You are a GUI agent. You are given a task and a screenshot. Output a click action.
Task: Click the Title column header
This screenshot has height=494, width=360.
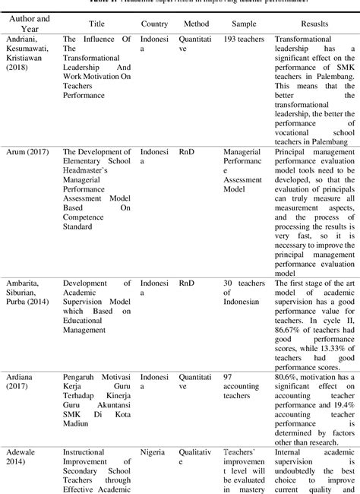96,24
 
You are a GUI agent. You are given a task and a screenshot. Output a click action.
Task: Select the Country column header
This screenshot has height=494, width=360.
154,24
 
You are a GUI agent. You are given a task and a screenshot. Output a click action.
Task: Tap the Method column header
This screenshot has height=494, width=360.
196,24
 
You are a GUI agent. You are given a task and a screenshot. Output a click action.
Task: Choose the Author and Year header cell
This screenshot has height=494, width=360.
30,24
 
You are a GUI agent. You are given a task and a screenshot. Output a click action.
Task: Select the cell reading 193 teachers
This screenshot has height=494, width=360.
245,39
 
